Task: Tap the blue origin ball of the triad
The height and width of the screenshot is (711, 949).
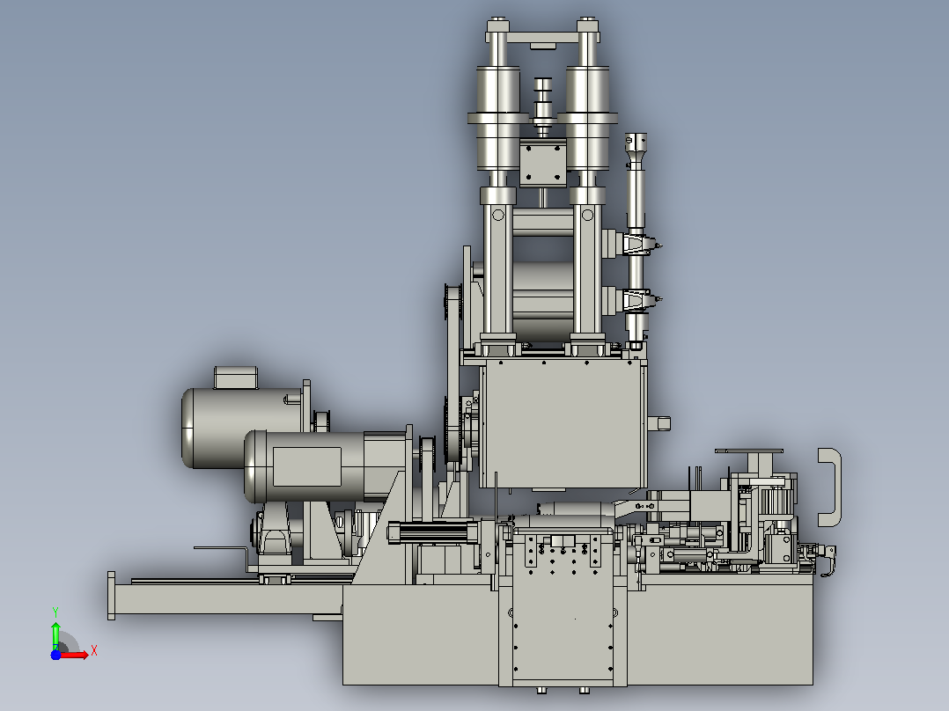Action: tap(55, 655)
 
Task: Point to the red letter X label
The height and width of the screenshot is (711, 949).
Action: tap(94, 651)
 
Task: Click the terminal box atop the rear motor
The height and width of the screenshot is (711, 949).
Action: tap(235, 377)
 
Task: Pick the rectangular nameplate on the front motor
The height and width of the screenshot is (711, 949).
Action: tap(307, 466)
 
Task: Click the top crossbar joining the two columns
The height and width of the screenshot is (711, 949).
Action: tap(541, 38)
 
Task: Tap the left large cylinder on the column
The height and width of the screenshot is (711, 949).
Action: tap(498, 118)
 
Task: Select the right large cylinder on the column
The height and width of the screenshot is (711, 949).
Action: tap(587, 118)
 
